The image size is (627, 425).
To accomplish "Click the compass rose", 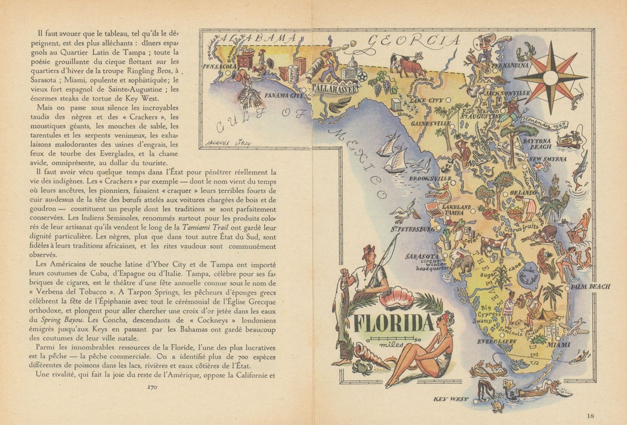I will tap(550, 77).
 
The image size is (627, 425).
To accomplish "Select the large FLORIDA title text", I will tap(393, 323).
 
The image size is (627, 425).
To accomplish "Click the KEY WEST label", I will tap(450, 399).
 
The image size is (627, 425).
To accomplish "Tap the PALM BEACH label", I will tap(590, 286).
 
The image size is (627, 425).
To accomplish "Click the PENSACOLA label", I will tap(219, 66).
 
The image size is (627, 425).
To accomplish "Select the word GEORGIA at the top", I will tap(413, 40).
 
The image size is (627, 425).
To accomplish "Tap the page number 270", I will tap(152, 387).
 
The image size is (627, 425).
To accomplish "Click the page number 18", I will tap(591, 416).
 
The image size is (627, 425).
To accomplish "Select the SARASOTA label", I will tap(422, 256).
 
